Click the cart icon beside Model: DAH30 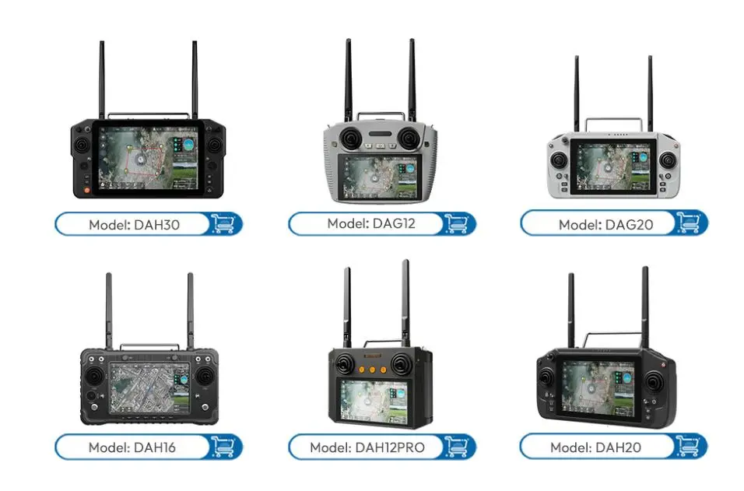(x=224, y=224)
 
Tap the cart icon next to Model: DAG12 (x=457, y=224)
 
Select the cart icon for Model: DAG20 (x=690, y=224)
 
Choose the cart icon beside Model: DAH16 (x=224, y=447)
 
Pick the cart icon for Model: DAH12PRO (x=457, y=447)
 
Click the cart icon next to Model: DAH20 (x=690, y=447)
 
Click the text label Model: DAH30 (x=134, y=225)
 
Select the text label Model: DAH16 (x=134, y=447)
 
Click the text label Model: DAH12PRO (x=367, y=447)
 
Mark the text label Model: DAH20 (x=599, y=447)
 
